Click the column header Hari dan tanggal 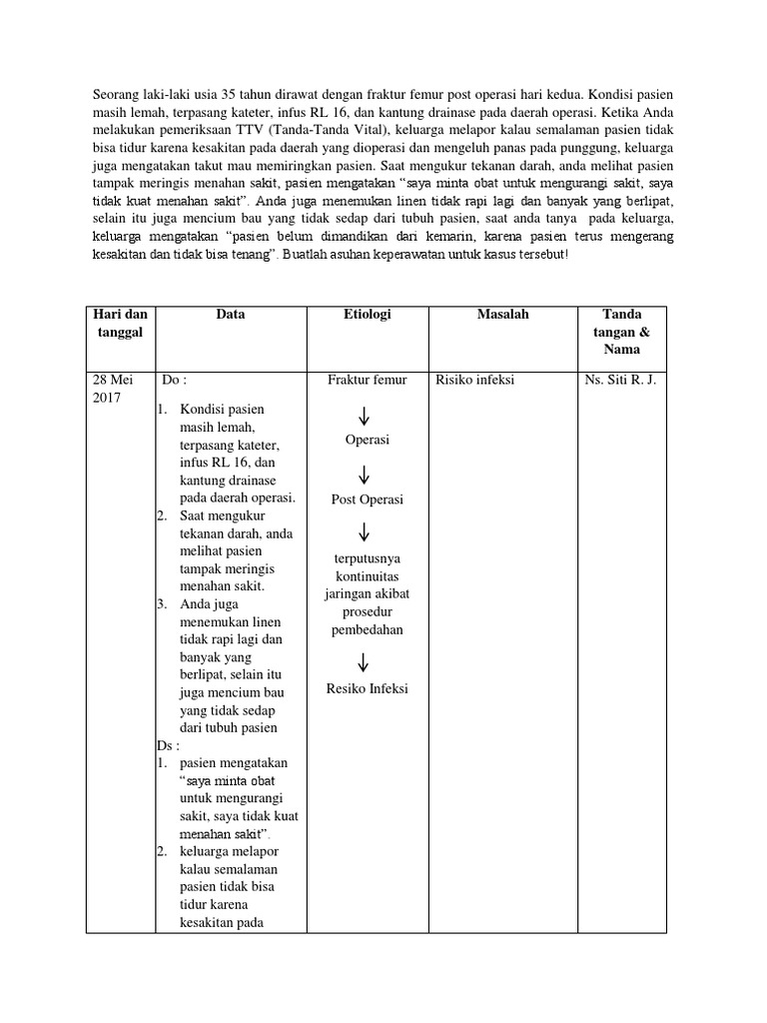[120, 323]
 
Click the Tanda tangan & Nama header [623, 332]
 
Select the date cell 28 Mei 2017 [112, 389]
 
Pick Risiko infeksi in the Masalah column [475, 380]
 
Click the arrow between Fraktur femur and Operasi [366, 414]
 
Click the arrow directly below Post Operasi [366, 531]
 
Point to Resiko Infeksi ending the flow [367, 688]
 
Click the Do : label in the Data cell [174, 380]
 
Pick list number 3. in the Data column [162, 604]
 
